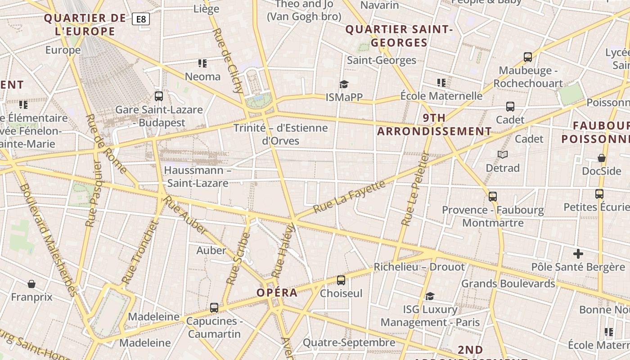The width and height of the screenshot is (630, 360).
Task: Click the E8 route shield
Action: pyautogui.click(x=141, y=19)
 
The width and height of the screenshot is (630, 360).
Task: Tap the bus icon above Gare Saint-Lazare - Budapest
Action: pyautogui.click(x=158, y=96)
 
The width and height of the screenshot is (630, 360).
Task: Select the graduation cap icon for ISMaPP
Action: pyautogui.click(x=344, y=84)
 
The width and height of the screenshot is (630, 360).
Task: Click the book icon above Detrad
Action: pyautogui.click(x=503, y=155)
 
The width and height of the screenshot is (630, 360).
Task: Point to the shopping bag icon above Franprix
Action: pyautogui.click(x=31, y=284)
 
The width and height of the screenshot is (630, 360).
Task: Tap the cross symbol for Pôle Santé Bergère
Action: pyautogui.click(x=578, y=253)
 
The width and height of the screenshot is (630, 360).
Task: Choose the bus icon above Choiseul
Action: pyautogui.click(x=341, y=280)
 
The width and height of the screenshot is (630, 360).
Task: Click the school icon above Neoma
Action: pyautogui.click(x=202, y=63)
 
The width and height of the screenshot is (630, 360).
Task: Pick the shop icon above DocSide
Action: pyautogui.click(x=602, y=158)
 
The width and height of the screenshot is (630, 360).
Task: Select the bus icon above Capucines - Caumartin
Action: pyautogui.click(x=214, y=308)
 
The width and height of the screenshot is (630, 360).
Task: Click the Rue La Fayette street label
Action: pyautogui.click(x=349, y=196)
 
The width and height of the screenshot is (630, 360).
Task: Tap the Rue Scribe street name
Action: pyautogui.click(x=238, y=258)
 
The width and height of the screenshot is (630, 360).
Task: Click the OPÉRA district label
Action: pyautogui.click(x=277, y=292)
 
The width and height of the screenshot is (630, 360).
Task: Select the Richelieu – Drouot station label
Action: pyautogui.click(x=419, y=267)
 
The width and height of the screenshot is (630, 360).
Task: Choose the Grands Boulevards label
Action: pyautogui.click(x=508, y=283)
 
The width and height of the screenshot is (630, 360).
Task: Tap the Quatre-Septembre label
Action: pyautogui.click(x=349, y=342)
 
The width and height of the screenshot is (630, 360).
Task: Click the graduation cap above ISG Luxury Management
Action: pyautogui.click(x=430, y=296)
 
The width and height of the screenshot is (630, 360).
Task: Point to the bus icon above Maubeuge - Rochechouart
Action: pyautogui.click(x=528, y=57)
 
